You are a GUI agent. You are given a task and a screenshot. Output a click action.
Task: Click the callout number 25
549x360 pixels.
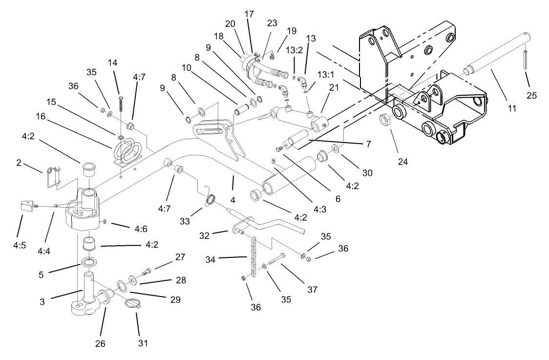[531, 95]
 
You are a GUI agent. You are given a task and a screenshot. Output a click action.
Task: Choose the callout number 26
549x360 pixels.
[100, 343]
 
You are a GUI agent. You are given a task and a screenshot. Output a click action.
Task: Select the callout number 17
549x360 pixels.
[249, 14]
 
